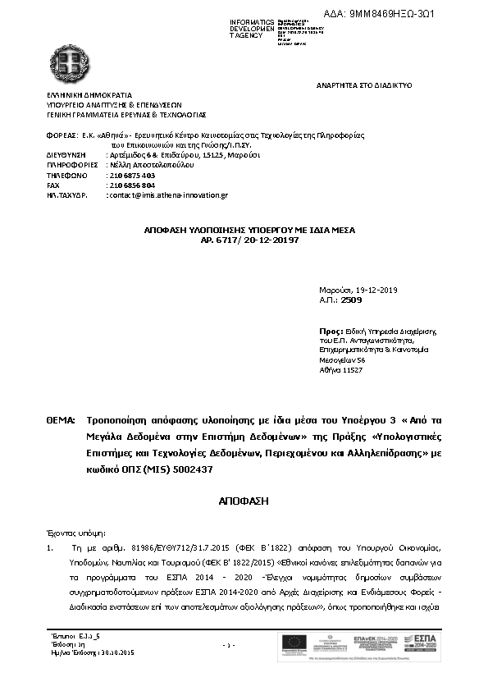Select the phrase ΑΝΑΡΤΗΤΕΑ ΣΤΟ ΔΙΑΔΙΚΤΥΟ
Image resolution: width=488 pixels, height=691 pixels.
coord(363,85)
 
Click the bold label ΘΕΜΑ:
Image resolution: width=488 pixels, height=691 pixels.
coord(61,420)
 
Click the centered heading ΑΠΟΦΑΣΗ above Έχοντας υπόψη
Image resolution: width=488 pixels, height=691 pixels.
coord(244,499)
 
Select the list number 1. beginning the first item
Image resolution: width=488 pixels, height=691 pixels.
coord(50,546)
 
